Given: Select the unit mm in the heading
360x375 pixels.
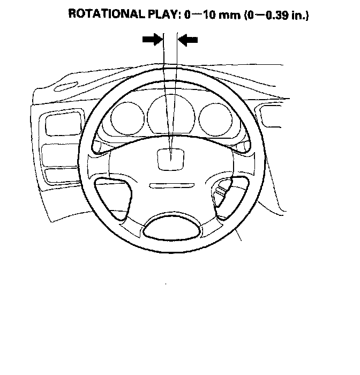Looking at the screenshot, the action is click(230, 14).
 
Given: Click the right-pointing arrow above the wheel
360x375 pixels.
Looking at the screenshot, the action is click(152, 39).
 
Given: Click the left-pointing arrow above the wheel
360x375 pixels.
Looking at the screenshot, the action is click(187, 39).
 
